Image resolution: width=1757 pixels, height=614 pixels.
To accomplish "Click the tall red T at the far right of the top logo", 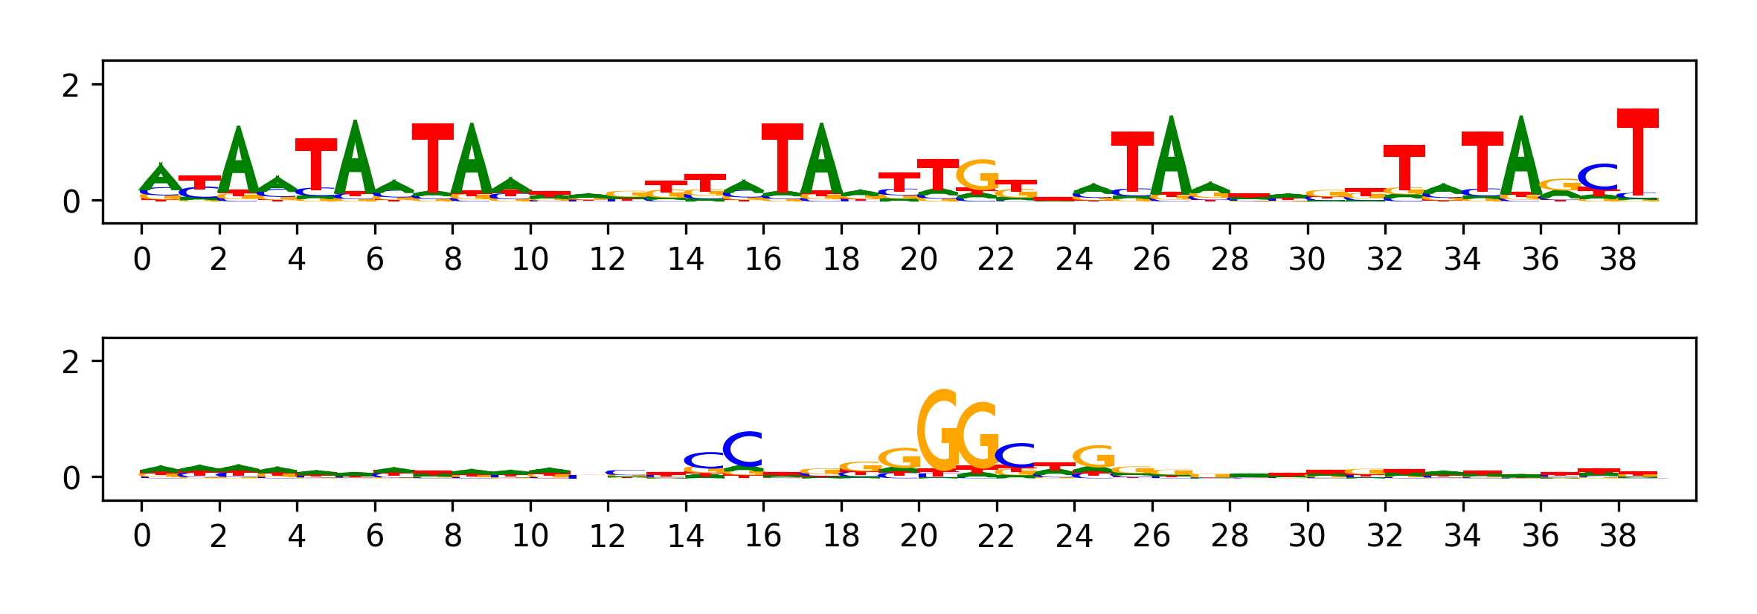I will point(1638,152).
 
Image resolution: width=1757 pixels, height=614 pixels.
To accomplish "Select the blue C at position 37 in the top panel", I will point(1599,177).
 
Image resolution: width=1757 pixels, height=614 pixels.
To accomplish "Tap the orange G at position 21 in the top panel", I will point(977,175).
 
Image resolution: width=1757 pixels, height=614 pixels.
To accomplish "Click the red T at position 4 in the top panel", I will point(316,164).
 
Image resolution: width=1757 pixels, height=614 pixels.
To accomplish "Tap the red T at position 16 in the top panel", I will point(783,158).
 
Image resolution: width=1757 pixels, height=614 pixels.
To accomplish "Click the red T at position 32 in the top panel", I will point(1404,167).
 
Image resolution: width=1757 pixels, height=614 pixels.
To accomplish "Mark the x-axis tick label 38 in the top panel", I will point(1618,259).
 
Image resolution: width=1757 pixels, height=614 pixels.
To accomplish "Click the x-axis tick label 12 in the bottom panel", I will point(608,536).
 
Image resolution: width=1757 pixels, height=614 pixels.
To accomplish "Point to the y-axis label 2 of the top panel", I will point(71,86).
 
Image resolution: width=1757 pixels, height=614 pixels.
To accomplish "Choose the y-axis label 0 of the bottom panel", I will point(71,478).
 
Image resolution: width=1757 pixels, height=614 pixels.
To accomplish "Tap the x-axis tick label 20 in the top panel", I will point(919,259).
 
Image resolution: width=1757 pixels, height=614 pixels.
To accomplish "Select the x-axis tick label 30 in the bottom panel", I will point(1307,536).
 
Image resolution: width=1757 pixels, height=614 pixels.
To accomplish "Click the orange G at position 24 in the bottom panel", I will point(1093,456).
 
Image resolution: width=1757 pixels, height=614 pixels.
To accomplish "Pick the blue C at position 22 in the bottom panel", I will point(1015,455).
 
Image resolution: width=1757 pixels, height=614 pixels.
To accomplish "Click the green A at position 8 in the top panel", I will point(472,159).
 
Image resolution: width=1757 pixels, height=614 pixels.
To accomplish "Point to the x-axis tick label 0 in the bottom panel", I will point(141,536).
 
